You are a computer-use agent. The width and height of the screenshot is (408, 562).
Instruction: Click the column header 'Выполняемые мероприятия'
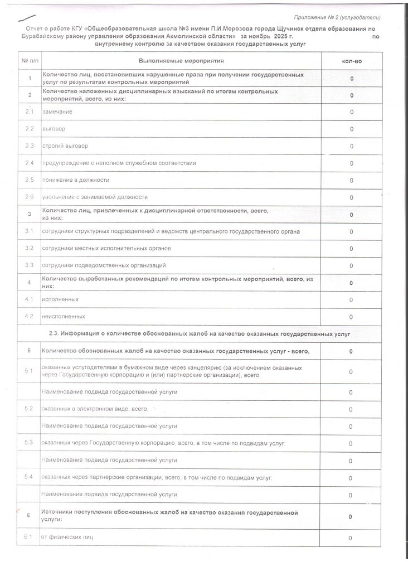[x=181, y=60]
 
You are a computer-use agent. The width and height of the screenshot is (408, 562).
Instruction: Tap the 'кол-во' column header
[x=351, y=60]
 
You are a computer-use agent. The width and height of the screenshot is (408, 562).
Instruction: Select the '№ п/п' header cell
[x=29, y=60]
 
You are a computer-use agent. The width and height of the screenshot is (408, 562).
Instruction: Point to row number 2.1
[x=30, y=112]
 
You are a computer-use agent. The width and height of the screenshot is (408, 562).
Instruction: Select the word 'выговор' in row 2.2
[x=54, y=129]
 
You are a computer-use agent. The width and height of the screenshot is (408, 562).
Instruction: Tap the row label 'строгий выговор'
[x=65, y=146]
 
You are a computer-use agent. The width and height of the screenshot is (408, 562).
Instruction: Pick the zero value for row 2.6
[x=351, y=197]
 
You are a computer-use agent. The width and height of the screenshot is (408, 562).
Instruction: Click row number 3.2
[x=30, y=248]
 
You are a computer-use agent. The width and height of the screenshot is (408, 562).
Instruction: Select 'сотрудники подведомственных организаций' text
[x=104, y=265]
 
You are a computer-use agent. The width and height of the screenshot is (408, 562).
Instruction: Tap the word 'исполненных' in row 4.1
[x=60, y=299]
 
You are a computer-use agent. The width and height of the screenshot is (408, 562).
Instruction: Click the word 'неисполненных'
[x=64, y=317]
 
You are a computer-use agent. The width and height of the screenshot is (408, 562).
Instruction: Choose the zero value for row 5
[x=351, y=351]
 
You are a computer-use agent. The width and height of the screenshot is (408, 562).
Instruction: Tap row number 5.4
[x=30, y=477]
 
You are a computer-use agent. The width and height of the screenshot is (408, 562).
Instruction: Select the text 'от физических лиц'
[x=67, y=537]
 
